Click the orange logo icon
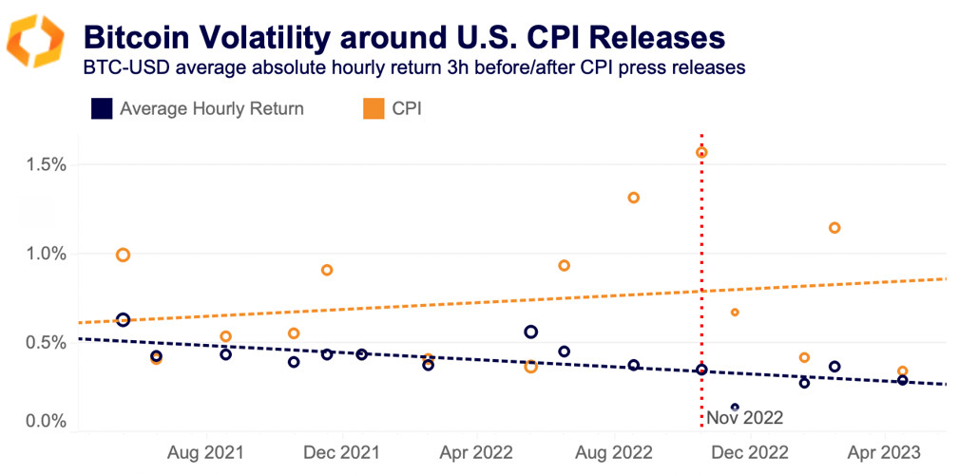[35, 41]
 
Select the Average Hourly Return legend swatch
[102, 108]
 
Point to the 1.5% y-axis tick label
[45, 164]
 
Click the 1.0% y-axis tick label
[45, 254]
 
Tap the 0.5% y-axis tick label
[45, 342]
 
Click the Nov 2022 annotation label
[745, 416]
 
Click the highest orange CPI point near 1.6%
[701, 152]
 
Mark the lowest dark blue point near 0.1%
[735, 408]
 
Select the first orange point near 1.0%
[123, 255]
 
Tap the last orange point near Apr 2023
[902, 371]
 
